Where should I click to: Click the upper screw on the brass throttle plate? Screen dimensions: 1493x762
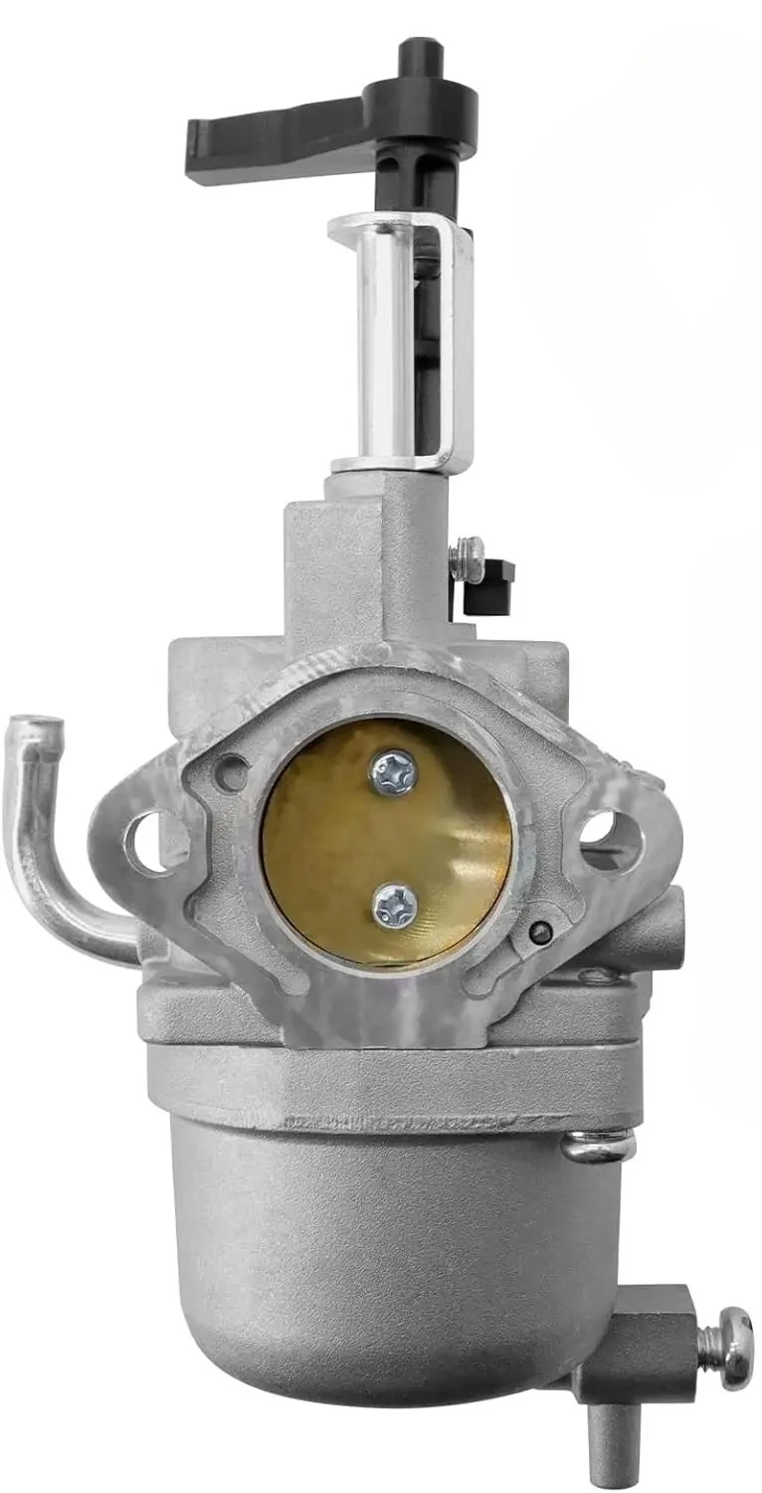point(392,771)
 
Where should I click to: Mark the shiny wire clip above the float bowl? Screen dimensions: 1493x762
point(597,1146)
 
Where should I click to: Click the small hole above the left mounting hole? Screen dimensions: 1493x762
point(231,772)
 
